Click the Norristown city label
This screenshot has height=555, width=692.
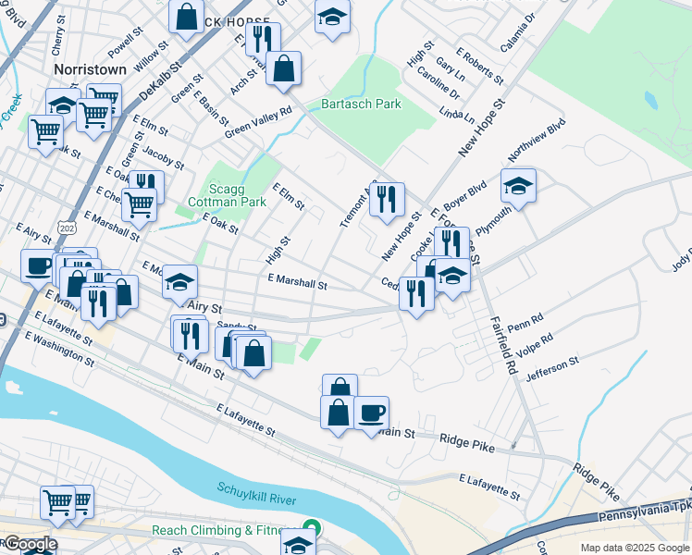click(x=89, y=69)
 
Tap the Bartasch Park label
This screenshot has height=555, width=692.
click(x=361, y=105)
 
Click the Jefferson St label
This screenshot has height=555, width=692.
click(x=551, y=369)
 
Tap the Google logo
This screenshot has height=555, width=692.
click(x=31, y=544)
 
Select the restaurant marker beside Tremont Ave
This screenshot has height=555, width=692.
click(x=387, y=197)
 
